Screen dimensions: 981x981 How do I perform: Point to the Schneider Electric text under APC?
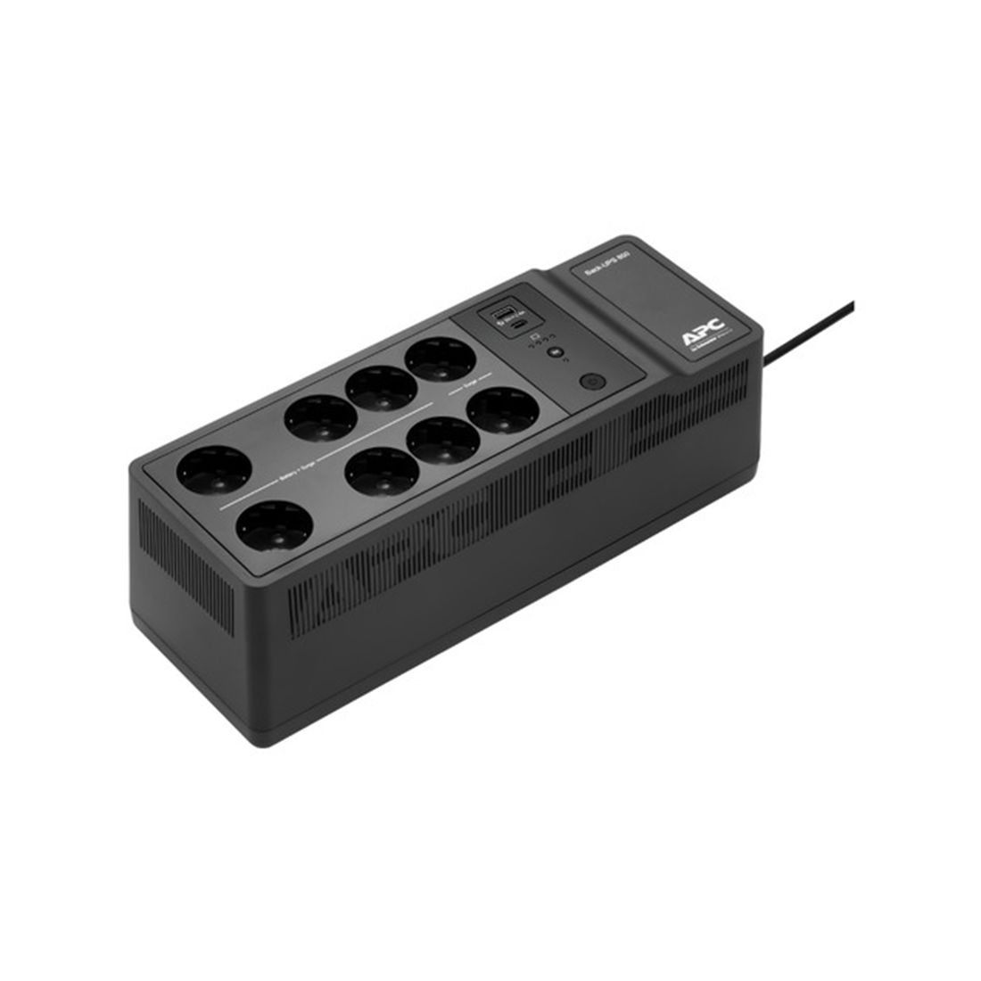(x=709, y=351)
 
